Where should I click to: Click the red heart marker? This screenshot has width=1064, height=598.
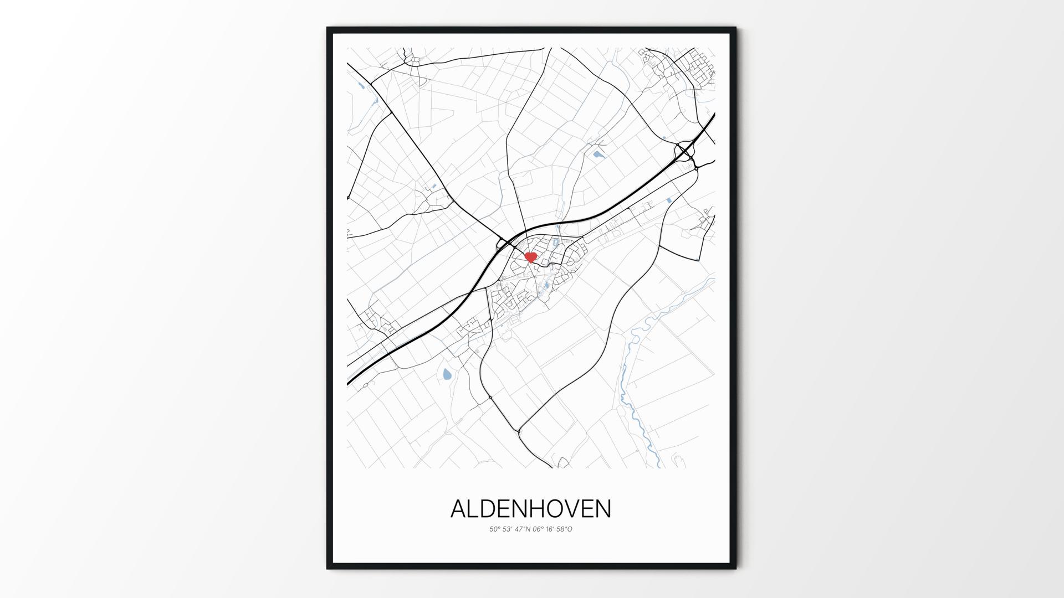point(530,257)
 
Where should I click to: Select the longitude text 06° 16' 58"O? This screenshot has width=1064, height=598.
point(552,529)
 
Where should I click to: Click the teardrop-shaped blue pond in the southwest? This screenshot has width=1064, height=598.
point(447,375)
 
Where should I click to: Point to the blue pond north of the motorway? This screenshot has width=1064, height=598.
point(598,154)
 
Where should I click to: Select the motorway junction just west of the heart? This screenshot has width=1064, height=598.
point(504,244)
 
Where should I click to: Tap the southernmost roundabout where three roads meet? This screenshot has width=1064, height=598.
point(520,430)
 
